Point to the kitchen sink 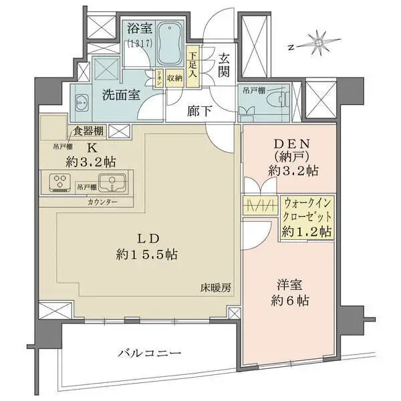(108, 182)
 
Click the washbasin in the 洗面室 (81, 102)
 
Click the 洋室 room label (289, 284)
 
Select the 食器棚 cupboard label (88, 131)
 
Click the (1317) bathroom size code (139, 43)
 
